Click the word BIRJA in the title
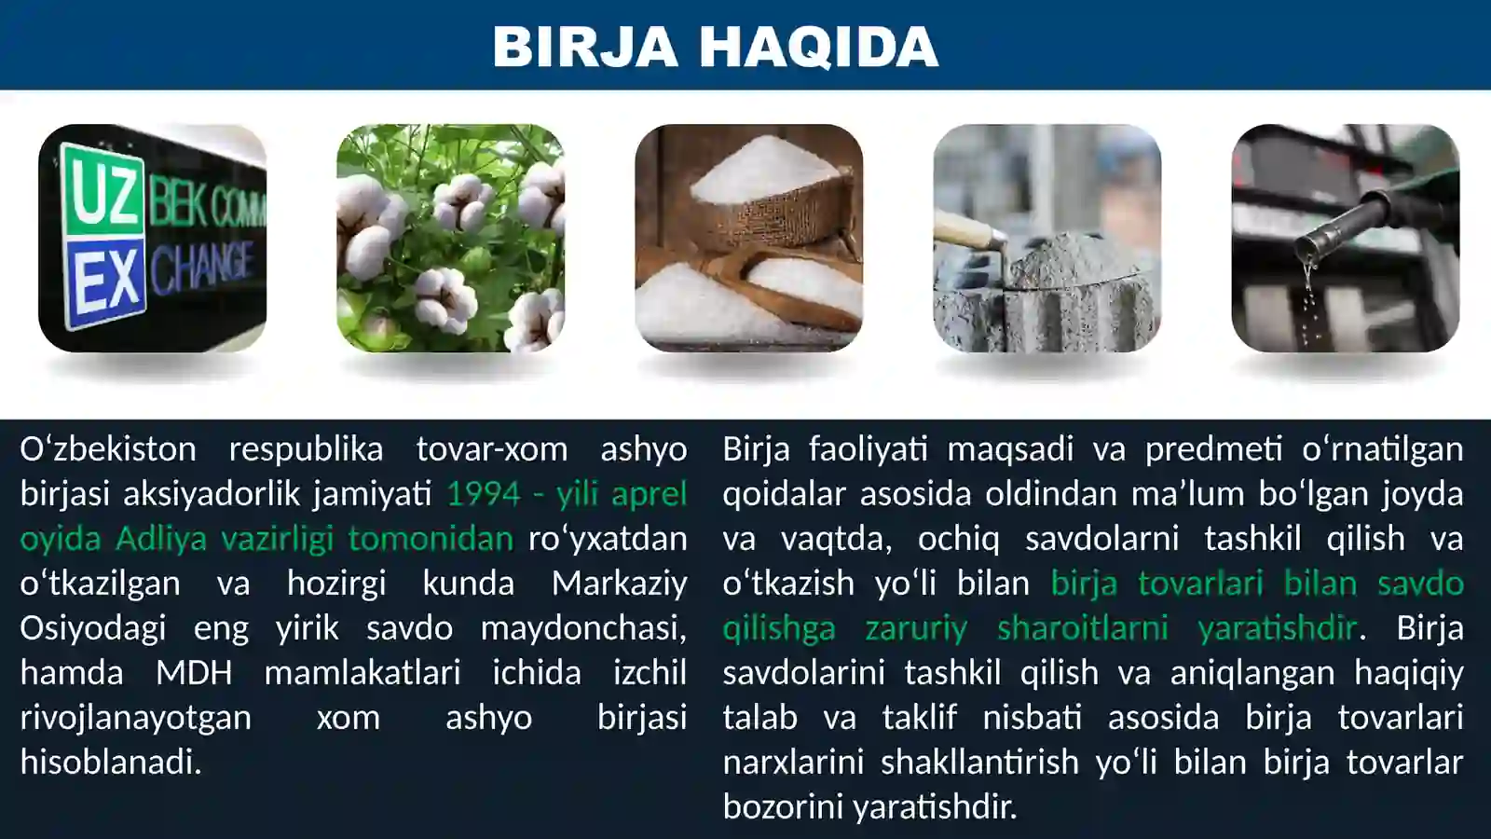click(x=585, y=47)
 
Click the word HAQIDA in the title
click(x=818, y=47)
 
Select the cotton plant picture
click(x=450, y=238)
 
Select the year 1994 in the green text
click(x=483, y=493)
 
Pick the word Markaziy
click(x=619, y=583)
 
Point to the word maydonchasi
click(x=583, y=627)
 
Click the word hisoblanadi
click(x=110, y=762)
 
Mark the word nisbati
click(x=1032, y=717)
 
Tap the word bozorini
click(x=780, y=806)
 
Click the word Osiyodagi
click(x=93, y=627)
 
